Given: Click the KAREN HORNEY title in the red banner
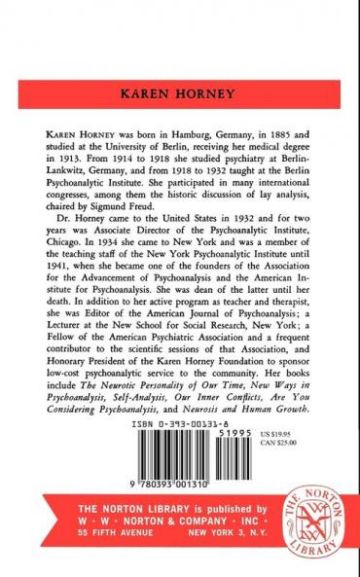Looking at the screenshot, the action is pyautogui.click(x=179, y=97).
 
